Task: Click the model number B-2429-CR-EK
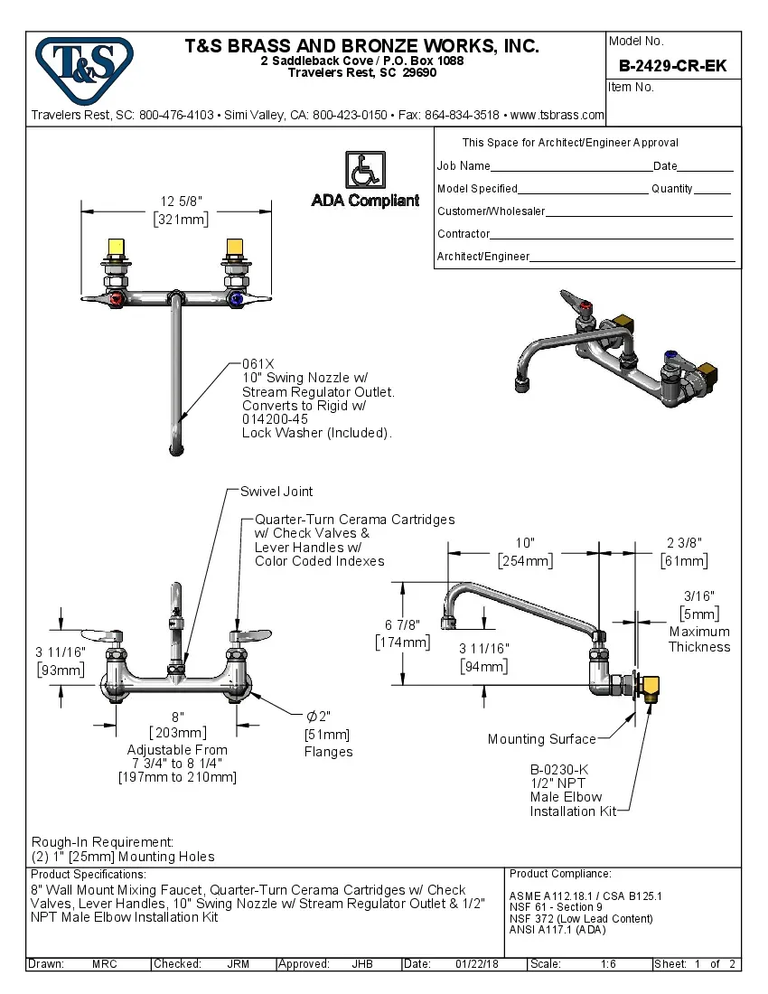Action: click(x=672, y=66)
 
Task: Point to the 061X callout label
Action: click(x=258, y=363)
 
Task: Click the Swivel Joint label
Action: click(x=276, y=492)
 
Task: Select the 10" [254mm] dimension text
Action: click(x=525, y=551)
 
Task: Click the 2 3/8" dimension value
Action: click(x=684, y=542)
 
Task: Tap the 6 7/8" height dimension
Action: click(x=403, y=625)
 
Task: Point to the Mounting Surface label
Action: click(x=541, y=739)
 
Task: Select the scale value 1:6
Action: click(x=608, y=964)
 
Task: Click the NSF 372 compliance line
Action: click(x=581, y=919)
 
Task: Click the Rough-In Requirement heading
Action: click(x=102, y=841)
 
